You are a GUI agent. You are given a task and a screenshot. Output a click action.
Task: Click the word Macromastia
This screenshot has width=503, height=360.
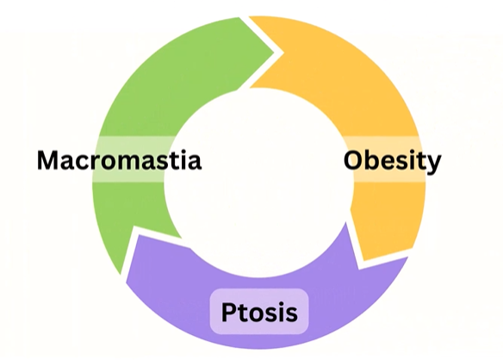[119, 160]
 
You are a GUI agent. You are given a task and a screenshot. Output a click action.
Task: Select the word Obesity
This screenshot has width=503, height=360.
[393, 161]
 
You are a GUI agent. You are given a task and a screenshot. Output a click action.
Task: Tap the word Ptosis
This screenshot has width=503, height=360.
[259, 312]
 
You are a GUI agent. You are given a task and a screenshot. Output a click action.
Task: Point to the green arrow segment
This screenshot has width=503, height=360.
[134, 106]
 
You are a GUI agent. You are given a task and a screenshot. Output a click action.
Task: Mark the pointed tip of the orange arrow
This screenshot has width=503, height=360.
[359, 269]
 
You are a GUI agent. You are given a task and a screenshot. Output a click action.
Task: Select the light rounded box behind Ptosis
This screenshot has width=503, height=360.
[259, 312]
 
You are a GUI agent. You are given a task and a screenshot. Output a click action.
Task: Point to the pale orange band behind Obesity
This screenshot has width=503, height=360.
[385, 159]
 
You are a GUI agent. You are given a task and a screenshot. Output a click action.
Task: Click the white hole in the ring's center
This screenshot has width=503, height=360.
[258, 183]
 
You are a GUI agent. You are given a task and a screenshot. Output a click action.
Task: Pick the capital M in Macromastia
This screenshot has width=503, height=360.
[47, 160]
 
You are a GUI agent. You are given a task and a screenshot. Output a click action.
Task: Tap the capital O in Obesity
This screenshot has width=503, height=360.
[354, 160]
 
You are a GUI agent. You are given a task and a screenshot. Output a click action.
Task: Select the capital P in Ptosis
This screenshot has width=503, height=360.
[228, 312]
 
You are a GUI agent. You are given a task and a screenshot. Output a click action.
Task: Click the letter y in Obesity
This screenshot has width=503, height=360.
[433, 164]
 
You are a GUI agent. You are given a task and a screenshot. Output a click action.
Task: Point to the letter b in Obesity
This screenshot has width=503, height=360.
[374, 159]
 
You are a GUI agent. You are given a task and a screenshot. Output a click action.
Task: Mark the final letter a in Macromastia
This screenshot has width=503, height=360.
[195, 163]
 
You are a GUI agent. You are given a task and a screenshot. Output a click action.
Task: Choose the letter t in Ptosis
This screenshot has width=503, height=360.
[243, 313]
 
